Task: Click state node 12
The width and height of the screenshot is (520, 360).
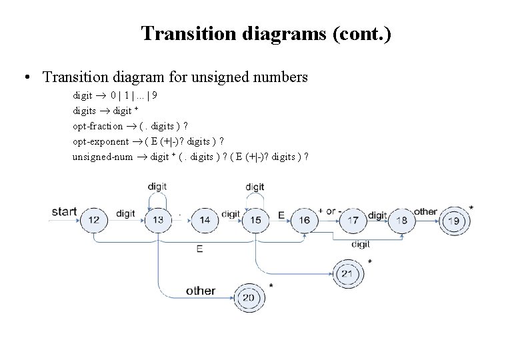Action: point(93,220)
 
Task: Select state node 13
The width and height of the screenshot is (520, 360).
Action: point(158,220)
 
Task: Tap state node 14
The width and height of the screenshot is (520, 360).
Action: point(205,220)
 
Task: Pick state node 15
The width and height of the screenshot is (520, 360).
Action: point(256,220)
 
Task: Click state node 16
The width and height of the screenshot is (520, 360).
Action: point(304,220)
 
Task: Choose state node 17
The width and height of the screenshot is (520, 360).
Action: point(353,220)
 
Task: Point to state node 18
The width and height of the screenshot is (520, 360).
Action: point(402,220)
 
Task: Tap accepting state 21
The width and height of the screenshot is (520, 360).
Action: point(347,273)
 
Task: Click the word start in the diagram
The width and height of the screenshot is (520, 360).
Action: point(64,212)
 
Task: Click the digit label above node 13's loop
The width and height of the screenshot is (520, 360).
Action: point(157,186)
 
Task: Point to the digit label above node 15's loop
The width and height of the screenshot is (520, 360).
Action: point(255,186)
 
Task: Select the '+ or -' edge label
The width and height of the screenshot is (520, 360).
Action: point(330,211)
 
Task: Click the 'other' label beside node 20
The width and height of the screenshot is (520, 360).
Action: point(201,291)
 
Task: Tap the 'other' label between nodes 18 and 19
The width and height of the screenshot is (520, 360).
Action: point(425,211)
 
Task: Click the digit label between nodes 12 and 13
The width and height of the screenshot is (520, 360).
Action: point(125,213)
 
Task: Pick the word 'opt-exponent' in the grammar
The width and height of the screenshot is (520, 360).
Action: point(101,141)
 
